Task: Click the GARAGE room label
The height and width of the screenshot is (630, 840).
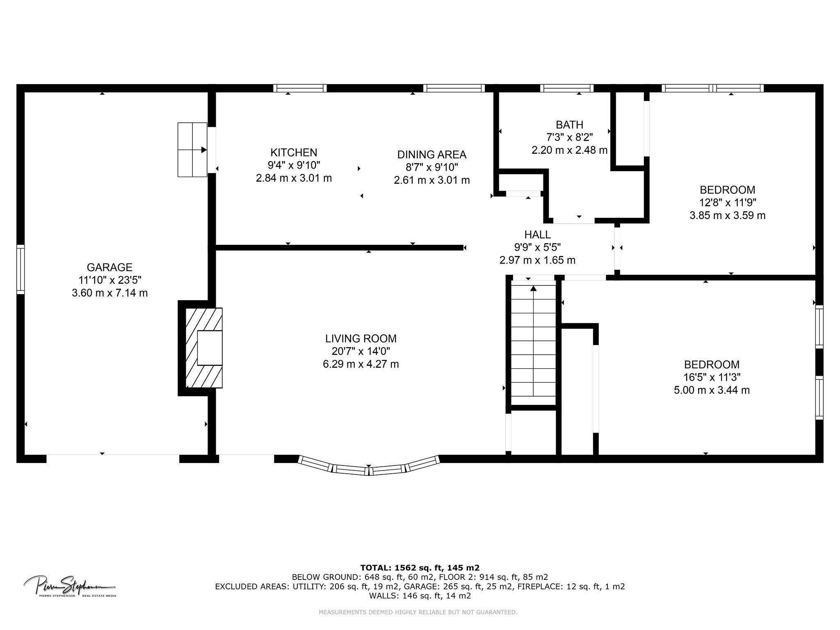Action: [x=110, y=267]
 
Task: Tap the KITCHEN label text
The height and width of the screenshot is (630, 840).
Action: [x=294, y=153]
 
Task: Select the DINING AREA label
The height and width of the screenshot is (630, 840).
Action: [x=431, y=155]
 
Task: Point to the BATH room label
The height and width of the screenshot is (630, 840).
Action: [x=569, y=125]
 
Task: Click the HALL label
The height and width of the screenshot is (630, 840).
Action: [x=537, y=235]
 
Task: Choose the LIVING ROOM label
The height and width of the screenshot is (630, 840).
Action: [x=361, y=339]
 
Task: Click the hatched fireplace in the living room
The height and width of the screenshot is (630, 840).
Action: [x=204, y=348]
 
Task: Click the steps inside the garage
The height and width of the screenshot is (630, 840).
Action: [x=192, y=150]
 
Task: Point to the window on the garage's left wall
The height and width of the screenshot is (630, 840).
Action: [x=21, y=269]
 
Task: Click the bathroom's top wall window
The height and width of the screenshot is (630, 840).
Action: [x=567, y=88]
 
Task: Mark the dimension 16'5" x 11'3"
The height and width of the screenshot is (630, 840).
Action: [x=712, y=377]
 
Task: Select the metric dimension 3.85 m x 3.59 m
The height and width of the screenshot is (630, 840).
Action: [x=727, y=215]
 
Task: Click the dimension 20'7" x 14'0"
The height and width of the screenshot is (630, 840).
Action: [x=361, y=352]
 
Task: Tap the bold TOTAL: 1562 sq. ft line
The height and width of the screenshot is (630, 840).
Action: [x=420, y=568]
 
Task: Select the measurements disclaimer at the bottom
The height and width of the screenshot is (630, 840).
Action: [x=418, y=612]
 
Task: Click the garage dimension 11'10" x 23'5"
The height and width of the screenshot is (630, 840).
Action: [x=110, y=280]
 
